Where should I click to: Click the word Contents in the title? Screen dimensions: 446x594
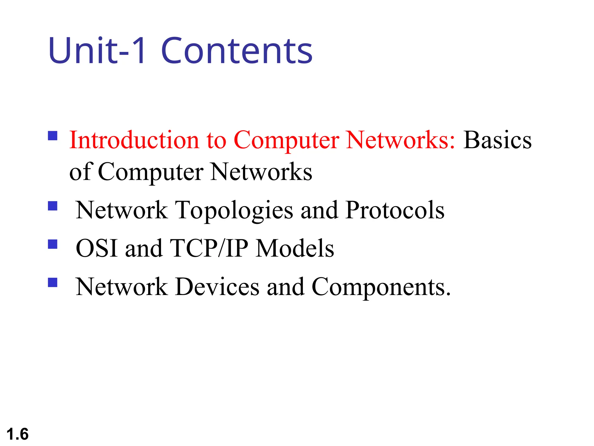click(x=237, y=51)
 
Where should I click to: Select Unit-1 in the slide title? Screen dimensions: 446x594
click(x=97, y=51)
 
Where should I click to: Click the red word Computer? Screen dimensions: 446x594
click(x=286, y=141)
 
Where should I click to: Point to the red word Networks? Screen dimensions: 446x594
click(x=401, y=140)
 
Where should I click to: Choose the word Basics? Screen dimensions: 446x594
click(x=497, y=140)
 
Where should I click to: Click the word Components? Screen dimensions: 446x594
click(x=381, y=287)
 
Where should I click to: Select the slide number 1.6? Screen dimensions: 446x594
click(x=17, y=434)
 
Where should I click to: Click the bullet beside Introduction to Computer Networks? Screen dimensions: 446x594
click(x=53, y=136)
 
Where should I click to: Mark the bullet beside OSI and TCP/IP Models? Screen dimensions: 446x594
click(x=53, y=244)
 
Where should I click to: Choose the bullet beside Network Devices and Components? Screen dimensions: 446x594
click(x=53, y=283)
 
